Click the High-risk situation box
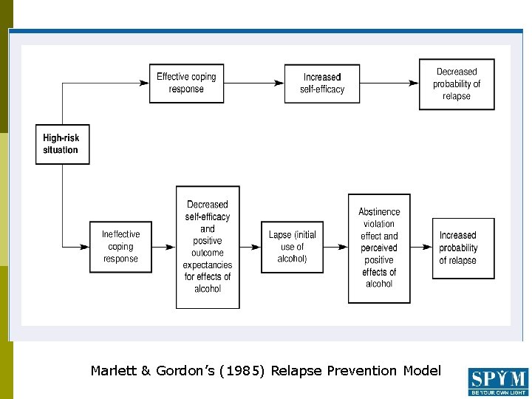point(62,144)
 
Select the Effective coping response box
point(186,83)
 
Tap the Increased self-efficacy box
point(322,83)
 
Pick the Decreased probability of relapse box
point(457,83)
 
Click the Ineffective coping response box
point(120,247)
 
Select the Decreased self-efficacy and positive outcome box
point(208,247)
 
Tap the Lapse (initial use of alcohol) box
point(293,247)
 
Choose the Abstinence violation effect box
point(379,248)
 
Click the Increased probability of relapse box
point(463,248)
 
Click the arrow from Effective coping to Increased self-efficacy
point(255,83)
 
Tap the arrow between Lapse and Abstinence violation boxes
point(336,247)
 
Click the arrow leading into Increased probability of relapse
point(423,247)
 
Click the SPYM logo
point(498,382)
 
